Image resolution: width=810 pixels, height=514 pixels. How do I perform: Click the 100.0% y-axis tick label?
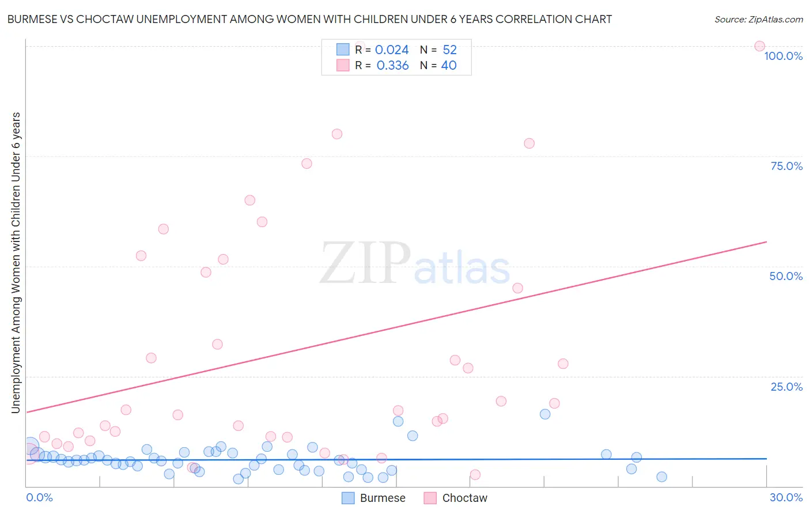783,56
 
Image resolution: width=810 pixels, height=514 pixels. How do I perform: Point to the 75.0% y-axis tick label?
786,166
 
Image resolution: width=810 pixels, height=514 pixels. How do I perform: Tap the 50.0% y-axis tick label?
786,276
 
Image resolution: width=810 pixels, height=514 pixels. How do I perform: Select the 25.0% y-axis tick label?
786,386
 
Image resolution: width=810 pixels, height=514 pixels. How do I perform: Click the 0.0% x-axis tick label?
39,497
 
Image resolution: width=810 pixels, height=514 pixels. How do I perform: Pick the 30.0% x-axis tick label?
786,497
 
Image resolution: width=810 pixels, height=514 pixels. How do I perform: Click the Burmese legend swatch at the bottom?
348,498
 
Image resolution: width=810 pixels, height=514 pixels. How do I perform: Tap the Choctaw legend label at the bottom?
464,498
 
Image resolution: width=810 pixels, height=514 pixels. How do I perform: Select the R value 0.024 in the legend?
392,50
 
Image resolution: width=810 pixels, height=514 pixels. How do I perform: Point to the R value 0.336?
392,66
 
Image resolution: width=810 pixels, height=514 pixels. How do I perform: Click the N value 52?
449,50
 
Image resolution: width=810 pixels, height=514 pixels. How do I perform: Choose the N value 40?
449,66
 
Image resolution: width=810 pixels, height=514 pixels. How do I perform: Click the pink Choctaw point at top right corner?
759,46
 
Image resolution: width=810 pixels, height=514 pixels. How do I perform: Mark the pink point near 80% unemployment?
337,134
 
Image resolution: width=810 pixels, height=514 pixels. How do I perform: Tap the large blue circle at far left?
31,447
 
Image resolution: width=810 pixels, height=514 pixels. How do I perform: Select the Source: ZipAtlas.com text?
758,19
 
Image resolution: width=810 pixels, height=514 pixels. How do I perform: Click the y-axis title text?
16,262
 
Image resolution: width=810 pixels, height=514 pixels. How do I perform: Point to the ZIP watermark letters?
365,263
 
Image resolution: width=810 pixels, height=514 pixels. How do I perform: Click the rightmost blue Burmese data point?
661,477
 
